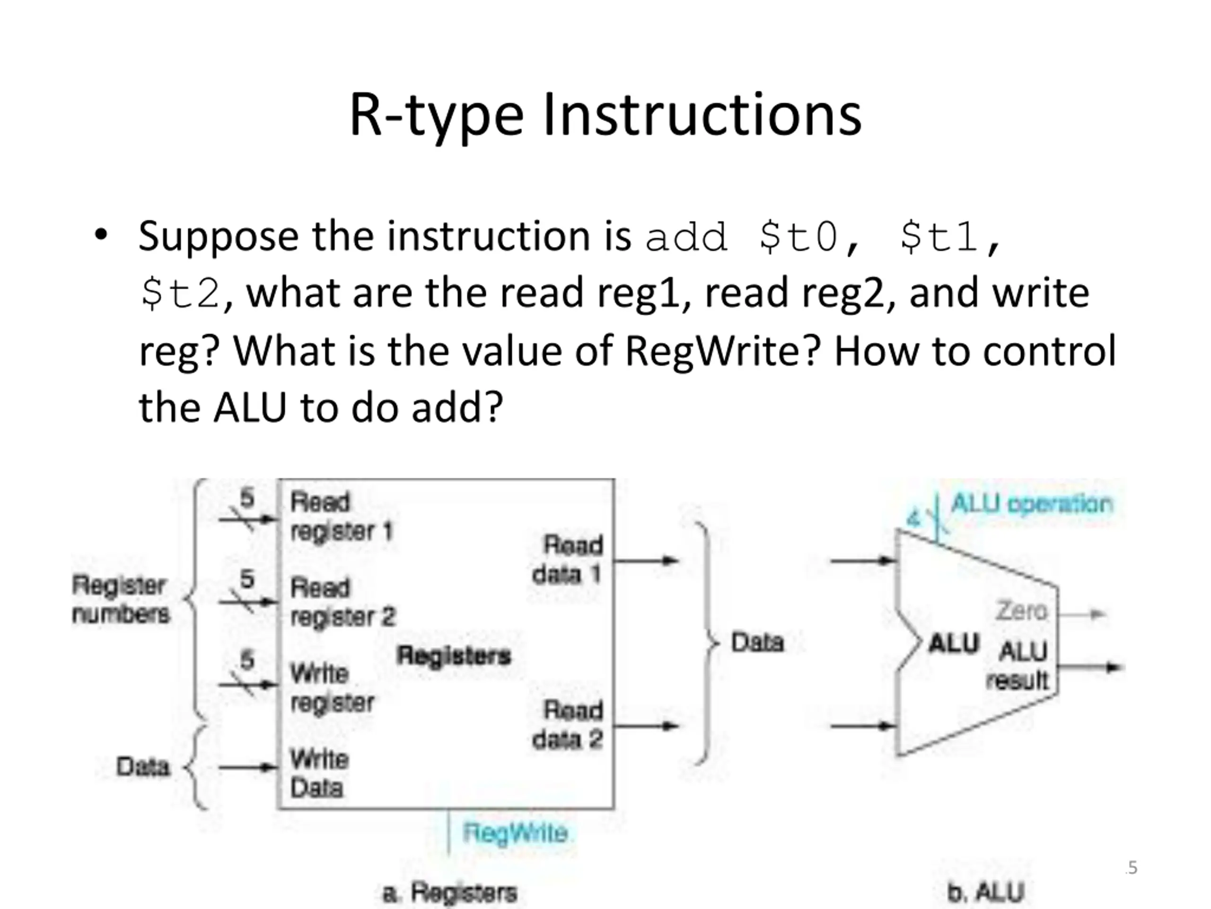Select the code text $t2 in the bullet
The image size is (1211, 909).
(180, 294)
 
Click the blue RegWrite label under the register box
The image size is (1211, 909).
(515, 833)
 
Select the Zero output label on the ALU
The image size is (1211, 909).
(1021, 611)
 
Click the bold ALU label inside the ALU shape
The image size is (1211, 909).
(953, 644)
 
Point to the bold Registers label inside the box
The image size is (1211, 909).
(454, 655)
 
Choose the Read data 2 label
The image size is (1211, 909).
(568, 725)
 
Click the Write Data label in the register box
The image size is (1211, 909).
(319, 774)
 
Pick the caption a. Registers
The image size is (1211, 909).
(449, 892)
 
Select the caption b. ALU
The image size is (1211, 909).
(985, 892)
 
